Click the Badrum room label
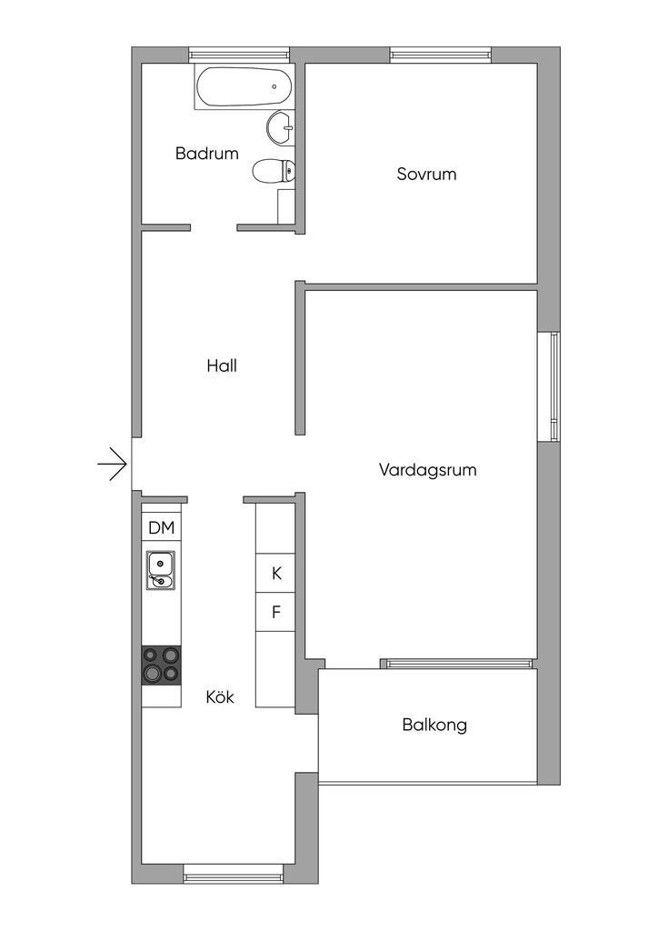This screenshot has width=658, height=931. point(206,153)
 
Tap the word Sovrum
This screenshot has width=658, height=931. point(426,174)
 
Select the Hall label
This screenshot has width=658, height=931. point(222,365)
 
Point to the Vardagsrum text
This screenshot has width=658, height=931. point(428,470)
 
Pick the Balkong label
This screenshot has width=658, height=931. point(434,725)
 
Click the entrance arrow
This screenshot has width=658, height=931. point(112,463)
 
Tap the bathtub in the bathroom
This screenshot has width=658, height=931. point(244,86)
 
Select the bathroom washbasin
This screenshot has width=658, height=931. point(280,126)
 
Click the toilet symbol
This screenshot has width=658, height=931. point(274,172)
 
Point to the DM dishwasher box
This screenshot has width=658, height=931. point(162,527)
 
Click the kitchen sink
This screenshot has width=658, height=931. point(160,570)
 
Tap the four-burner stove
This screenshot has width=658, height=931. point(162,665)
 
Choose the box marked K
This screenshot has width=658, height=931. point(276,573)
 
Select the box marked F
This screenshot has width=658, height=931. point(276,612)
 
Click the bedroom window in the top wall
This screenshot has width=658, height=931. point(441,55)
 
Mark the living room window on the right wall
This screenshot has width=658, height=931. point(549,386)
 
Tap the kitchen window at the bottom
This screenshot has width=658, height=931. point(234,874)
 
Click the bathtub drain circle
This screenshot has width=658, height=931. point(274,86)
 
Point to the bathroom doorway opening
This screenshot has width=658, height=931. point(214,227)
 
